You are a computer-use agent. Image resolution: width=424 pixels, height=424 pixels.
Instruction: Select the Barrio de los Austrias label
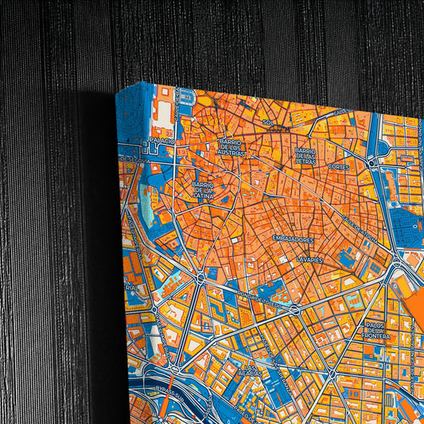point(233,146)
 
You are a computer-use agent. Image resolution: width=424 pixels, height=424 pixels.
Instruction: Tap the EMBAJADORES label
point(292,239)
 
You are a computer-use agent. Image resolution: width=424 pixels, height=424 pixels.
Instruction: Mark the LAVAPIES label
point(309,259)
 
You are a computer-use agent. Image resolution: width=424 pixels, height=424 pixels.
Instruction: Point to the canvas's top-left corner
point(116,93)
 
